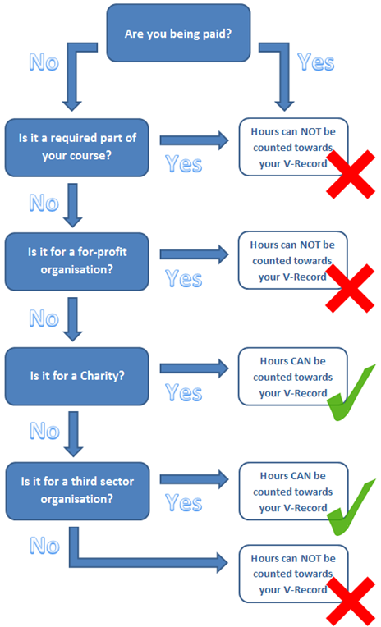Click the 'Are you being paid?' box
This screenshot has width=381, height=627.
point(178,33)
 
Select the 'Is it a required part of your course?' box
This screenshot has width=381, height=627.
point(77,148)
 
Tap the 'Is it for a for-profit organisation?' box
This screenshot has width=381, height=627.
point(77,262)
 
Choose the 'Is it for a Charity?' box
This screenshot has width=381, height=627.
point(77,376)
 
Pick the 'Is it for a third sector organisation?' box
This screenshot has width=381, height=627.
point(77,491)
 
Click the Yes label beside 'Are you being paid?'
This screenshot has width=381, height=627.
point(316,62)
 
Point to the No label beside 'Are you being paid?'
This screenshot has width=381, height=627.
point(44,62)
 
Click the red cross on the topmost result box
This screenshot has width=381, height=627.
point(351,174)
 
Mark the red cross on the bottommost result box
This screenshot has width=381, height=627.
point(351,601)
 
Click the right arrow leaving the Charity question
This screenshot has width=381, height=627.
point(195,368)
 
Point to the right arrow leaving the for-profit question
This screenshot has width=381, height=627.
point(195,254)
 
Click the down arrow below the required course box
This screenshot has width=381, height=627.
point(72,205)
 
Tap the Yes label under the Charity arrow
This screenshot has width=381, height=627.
point(184,392)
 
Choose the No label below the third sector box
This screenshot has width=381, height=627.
point(45,546)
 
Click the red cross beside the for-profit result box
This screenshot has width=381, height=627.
point(350,288)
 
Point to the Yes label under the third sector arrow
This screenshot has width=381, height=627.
point(184,503)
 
